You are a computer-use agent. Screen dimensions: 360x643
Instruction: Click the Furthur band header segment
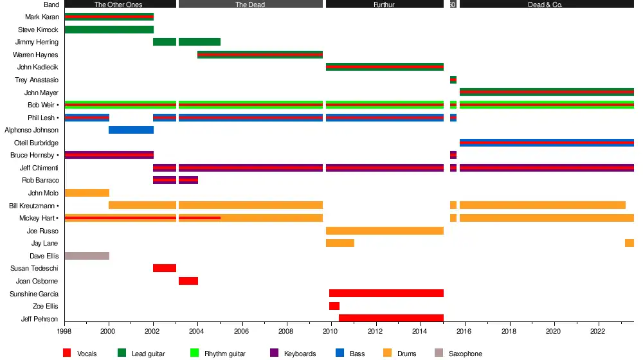coord(385,4)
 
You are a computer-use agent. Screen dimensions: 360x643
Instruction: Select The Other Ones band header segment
coord(120,4)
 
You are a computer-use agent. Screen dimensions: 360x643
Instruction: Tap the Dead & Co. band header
coord(547,4)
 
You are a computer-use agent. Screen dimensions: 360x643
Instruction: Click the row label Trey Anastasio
coord(37,80)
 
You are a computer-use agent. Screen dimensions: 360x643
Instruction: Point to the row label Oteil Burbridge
coord(36,143)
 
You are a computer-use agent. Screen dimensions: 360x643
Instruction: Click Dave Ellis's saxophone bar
coord(87,256)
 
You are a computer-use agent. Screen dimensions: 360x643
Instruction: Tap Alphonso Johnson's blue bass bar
coord(131,130)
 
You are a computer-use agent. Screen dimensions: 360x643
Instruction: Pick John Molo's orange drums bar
coord(87,193)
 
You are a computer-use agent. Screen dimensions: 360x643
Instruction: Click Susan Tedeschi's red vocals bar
coord(165,268)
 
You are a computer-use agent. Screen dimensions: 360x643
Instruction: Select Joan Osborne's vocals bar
coord(188,281)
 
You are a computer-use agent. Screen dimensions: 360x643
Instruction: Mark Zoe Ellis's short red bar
coord(334,306)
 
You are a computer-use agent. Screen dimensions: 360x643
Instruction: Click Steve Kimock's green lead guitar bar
coord(109,30)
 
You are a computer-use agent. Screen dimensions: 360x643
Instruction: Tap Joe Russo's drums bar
coord(385,231)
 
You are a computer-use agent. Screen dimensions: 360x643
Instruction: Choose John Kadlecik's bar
coord(385,67)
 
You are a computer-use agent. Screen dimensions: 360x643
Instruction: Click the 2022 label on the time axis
coord(598,332)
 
